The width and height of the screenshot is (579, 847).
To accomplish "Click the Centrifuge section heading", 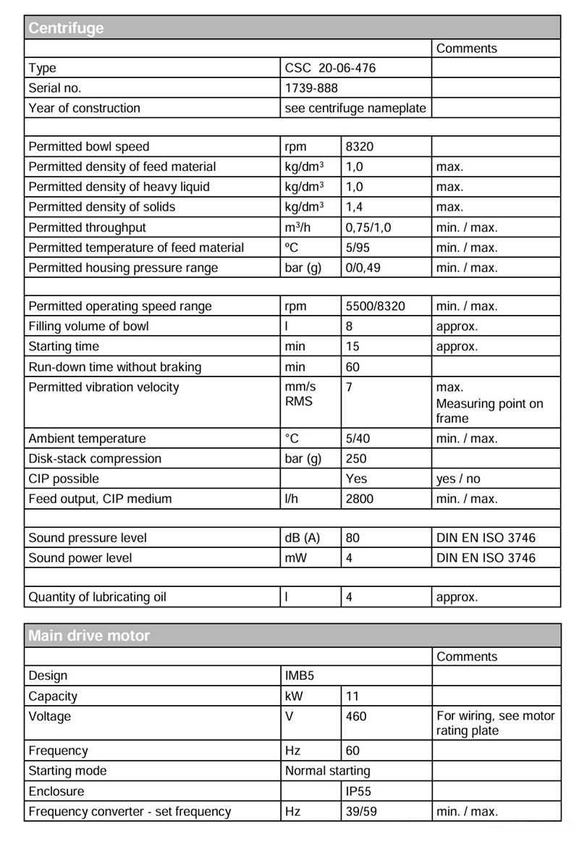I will point(66,28).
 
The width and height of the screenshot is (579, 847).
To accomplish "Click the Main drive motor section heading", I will point(89,636).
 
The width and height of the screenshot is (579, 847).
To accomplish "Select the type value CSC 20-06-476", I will point(331,68).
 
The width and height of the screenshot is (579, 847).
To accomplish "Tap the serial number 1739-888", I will point(311,88).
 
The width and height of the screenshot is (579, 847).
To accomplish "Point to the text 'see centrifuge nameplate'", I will point(355,109).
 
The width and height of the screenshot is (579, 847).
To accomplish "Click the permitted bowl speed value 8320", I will point(360,147).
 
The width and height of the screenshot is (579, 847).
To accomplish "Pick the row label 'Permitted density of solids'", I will point(101,207).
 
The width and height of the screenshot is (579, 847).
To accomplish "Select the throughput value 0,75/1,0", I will point(368,227).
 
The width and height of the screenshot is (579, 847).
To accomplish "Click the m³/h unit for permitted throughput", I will point(300,227).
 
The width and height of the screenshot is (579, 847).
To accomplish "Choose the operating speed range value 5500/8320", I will point(376,306).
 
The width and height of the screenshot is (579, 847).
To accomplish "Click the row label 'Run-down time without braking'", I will point(114,367).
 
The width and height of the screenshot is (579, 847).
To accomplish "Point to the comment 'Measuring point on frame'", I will point(489,410).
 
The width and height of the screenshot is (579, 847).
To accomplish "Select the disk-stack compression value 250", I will point(356,459).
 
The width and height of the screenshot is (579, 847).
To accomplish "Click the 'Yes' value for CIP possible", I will point(356,479).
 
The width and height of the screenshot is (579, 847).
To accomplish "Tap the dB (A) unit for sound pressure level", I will point(303,539).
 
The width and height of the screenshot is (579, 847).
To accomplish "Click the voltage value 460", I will point(356,717).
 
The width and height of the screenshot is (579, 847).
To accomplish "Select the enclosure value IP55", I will point(359,792).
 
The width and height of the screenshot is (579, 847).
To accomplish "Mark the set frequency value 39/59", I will point(361,812).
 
